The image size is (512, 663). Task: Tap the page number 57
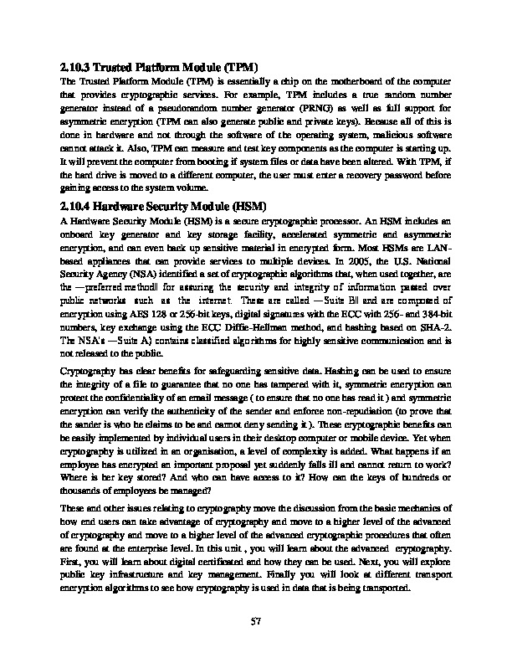[x=257, y=620]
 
